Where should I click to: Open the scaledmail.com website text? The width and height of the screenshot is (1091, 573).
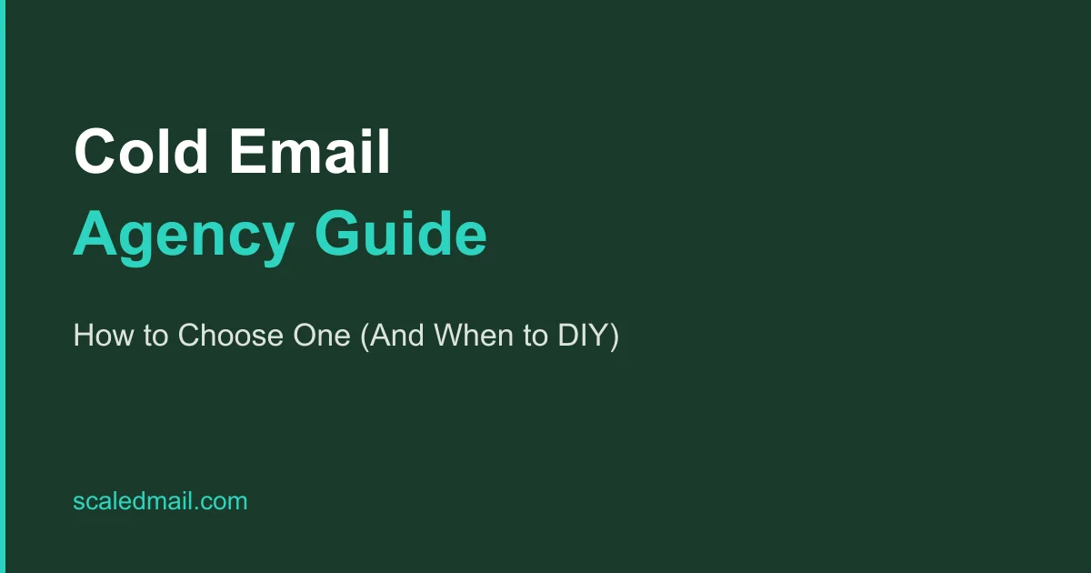(160, 501)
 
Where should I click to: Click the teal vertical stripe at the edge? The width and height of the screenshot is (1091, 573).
(3, 286)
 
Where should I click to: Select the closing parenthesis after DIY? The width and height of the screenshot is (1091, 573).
(614, 337)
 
